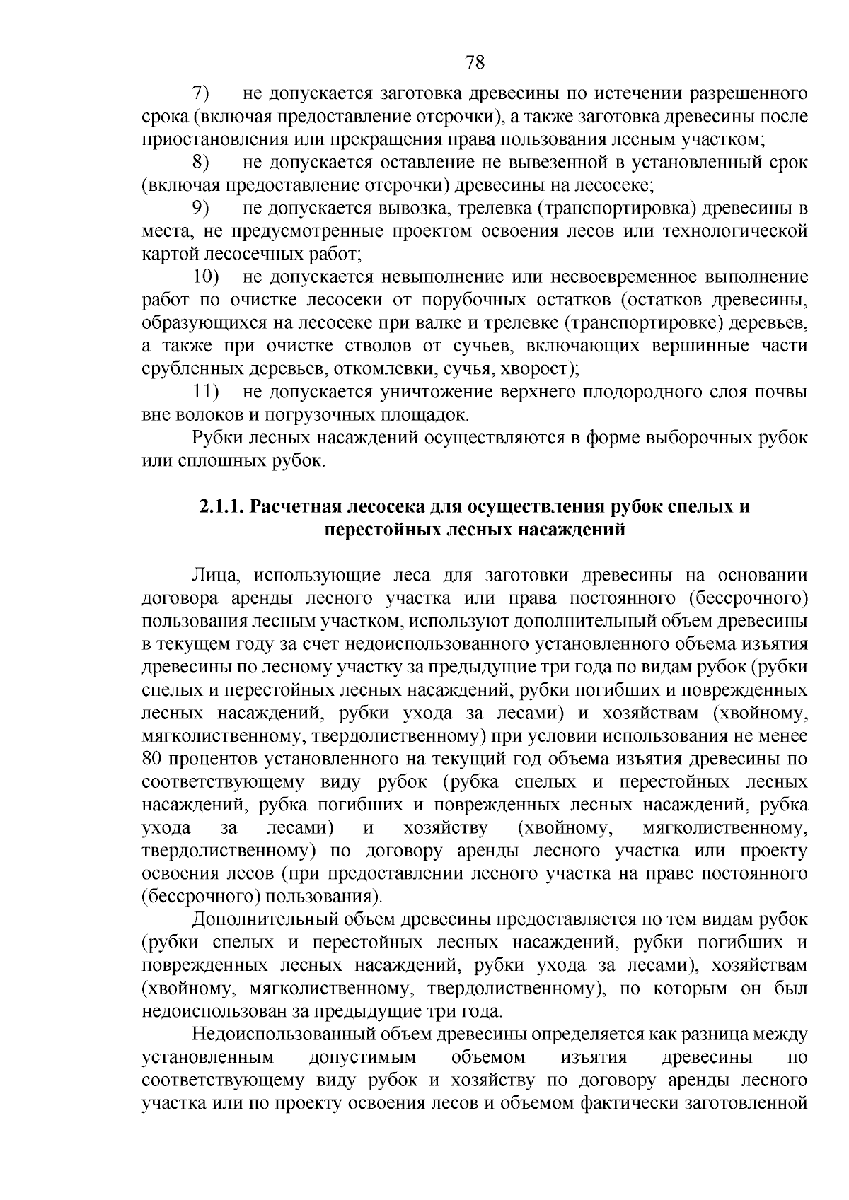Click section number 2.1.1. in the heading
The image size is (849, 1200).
pos(221,507)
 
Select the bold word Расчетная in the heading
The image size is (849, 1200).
pos(300,507)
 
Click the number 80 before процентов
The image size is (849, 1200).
pos(153,759)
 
